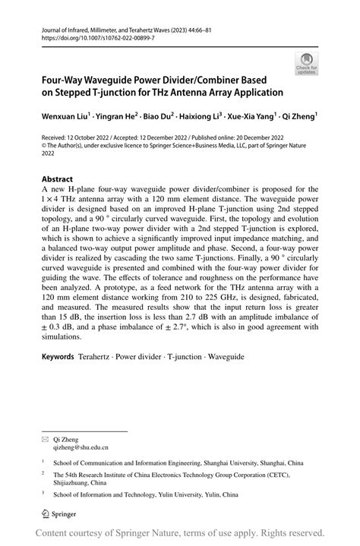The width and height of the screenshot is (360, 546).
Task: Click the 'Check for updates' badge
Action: [307, 64]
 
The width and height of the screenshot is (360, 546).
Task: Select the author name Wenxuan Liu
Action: [65, 118]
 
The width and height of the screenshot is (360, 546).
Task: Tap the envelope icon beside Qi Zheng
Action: [46, 440]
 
